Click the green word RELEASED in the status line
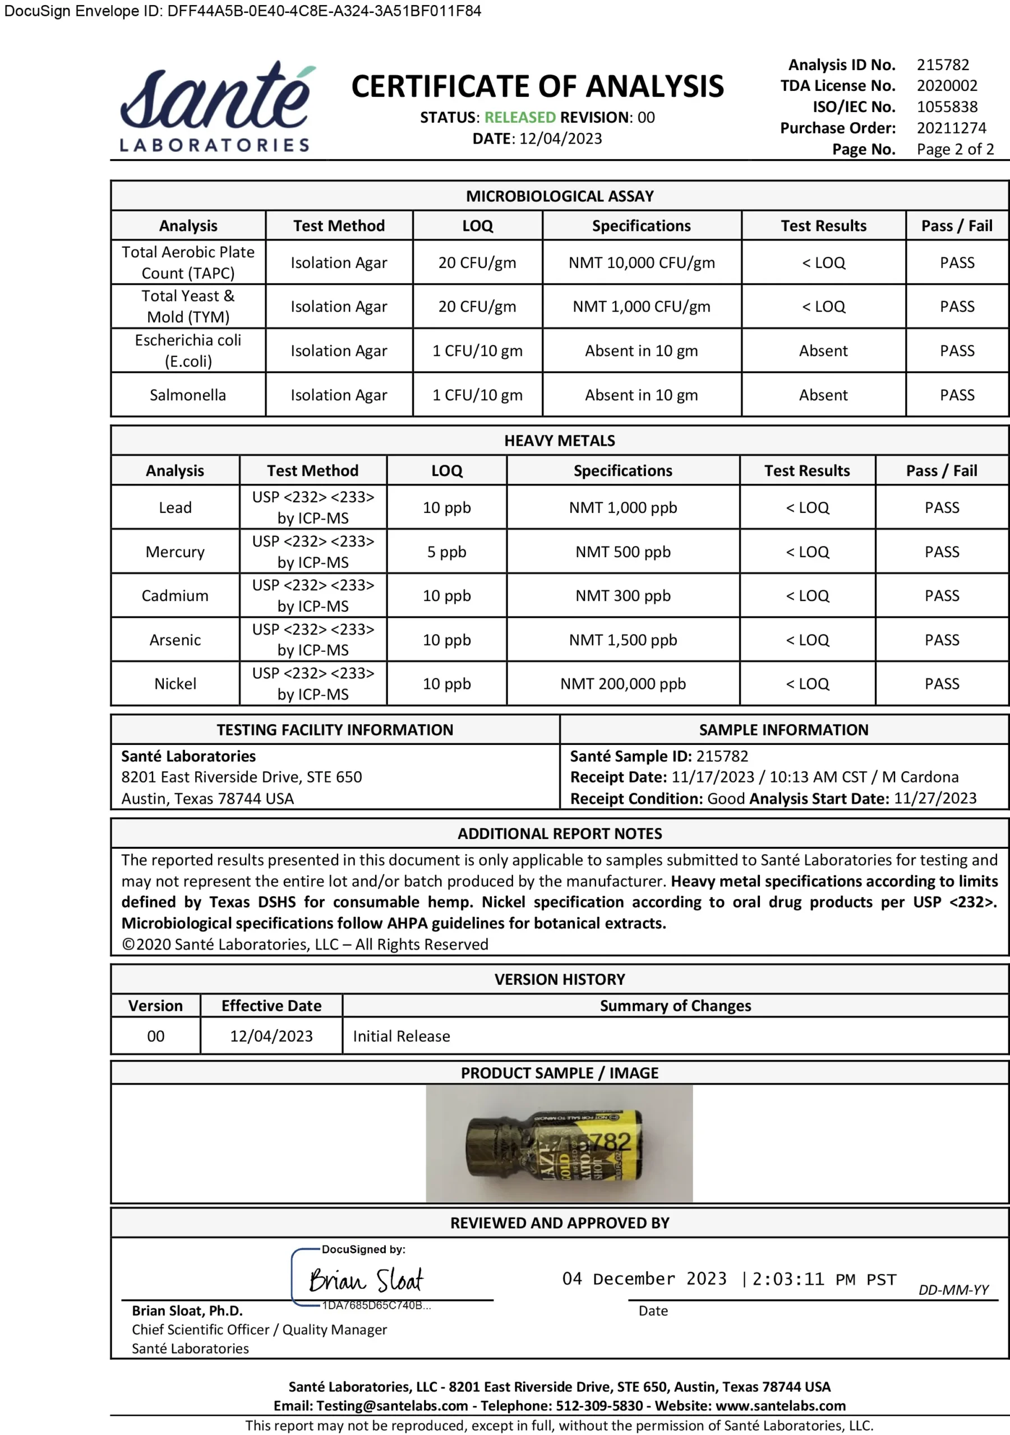(x=520, y=118)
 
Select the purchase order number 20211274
(x=951, y=128)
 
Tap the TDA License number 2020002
(x=947, y=86)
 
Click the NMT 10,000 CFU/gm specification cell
(x=641, y=263)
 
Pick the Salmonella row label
(x=188, y=395)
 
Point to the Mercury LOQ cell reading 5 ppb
(x=446, y=552)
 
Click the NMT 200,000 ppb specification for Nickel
(x=623, y=684)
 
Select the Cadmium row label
(x=175, y=596)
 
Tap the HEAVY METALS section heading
(x=560, y=441)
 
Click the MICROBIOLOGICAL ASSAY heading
(x=560, y=196)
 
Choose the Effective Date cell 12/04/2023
(x=271, y=1036)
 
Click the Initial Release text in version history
(x=402, y=1036)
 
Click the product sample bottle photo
(x=559, y=1143)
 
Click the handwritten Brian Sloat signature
(x=366, y=1280)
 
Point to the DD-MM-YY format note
(x=953, y=1289)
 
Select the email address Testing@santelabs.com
(x=392, y=1406)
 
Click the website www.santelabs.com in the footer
(x=781, y=1406)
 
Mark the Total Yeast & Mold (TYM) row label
(x=188, y=306)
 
